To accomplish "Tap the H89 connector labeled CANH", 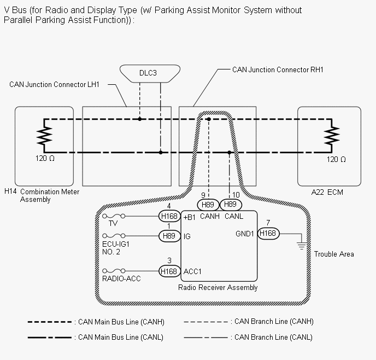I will (208, 204).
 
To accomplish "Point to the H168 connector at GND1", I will (268, 234).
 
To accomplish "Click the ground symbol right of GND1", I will (301, 245).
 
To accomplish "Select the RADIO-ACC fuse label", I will (121, 279).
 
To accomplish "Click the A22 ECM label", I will (327, 193).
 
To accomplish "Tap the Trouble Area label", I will (333, 254).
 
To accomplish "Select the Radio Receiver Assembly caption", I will (218, 288).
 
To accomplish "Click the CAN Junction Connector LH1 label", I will (58, 85).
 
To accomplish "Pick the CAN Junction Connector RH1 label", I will (278, 70).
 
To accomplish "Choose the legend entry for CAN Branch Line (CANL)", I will (273, 337).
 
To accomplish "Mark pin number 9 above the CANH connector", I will (203, 195).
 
